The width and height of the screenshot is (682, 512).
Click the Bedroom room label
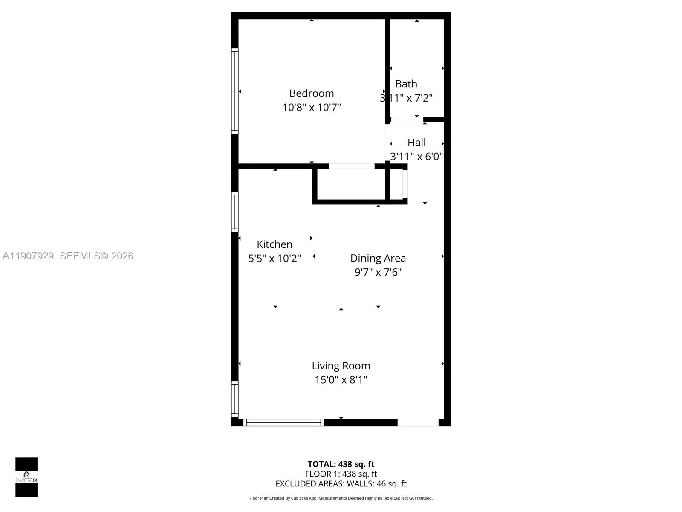click(x=311, y=93)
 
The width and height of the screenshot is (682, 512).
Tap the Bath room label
click(x=406, y=84)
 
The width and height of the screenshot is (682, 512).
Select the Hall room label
click(x=416, y=143)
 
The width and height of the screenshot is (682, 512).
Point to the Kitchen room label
click(x=275, y=244)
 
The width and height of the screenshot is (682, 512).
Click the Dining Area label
click(x=378, y=258)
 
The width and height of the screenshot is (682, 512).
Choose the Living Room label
click(x=341, y=366)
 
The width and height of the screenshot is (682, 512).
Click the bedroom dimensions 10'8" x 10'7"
click(x=311, y=107)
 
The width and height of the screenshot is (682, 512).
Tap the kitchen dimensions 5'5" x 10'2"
click(x=275, y=258)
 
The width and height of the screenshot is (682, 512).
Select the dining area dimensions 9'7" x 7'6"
click(x=378, y=272)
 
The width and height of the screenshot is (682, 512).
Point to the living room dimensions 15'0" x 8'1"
click(x=341, y=379)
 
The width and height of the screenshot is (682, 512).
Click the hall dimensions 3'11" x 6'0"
click(x=416, y=156)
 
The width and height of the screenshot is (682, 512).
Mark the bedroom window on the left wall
click(x=234, y=90)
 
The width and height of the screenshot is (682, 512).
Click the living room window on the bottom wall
click(x=283, y=422)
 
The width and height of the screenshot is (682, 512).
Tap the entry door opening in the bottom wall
click(x=418, y=422)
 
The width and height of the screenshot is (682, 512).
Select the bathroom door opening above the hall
click(x=407, y=120)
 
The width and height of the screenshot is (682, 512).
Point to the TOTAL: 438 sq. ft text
click(x=341, y=464)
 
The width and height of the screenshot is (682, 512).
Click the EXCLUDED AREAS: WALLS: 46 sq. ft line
click(x=341, y=483)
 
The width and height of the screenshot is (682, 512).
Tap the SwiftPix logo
click(x=26, y=477)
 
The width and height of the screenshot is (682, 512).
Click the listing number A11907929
click(x=28, y=256)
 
